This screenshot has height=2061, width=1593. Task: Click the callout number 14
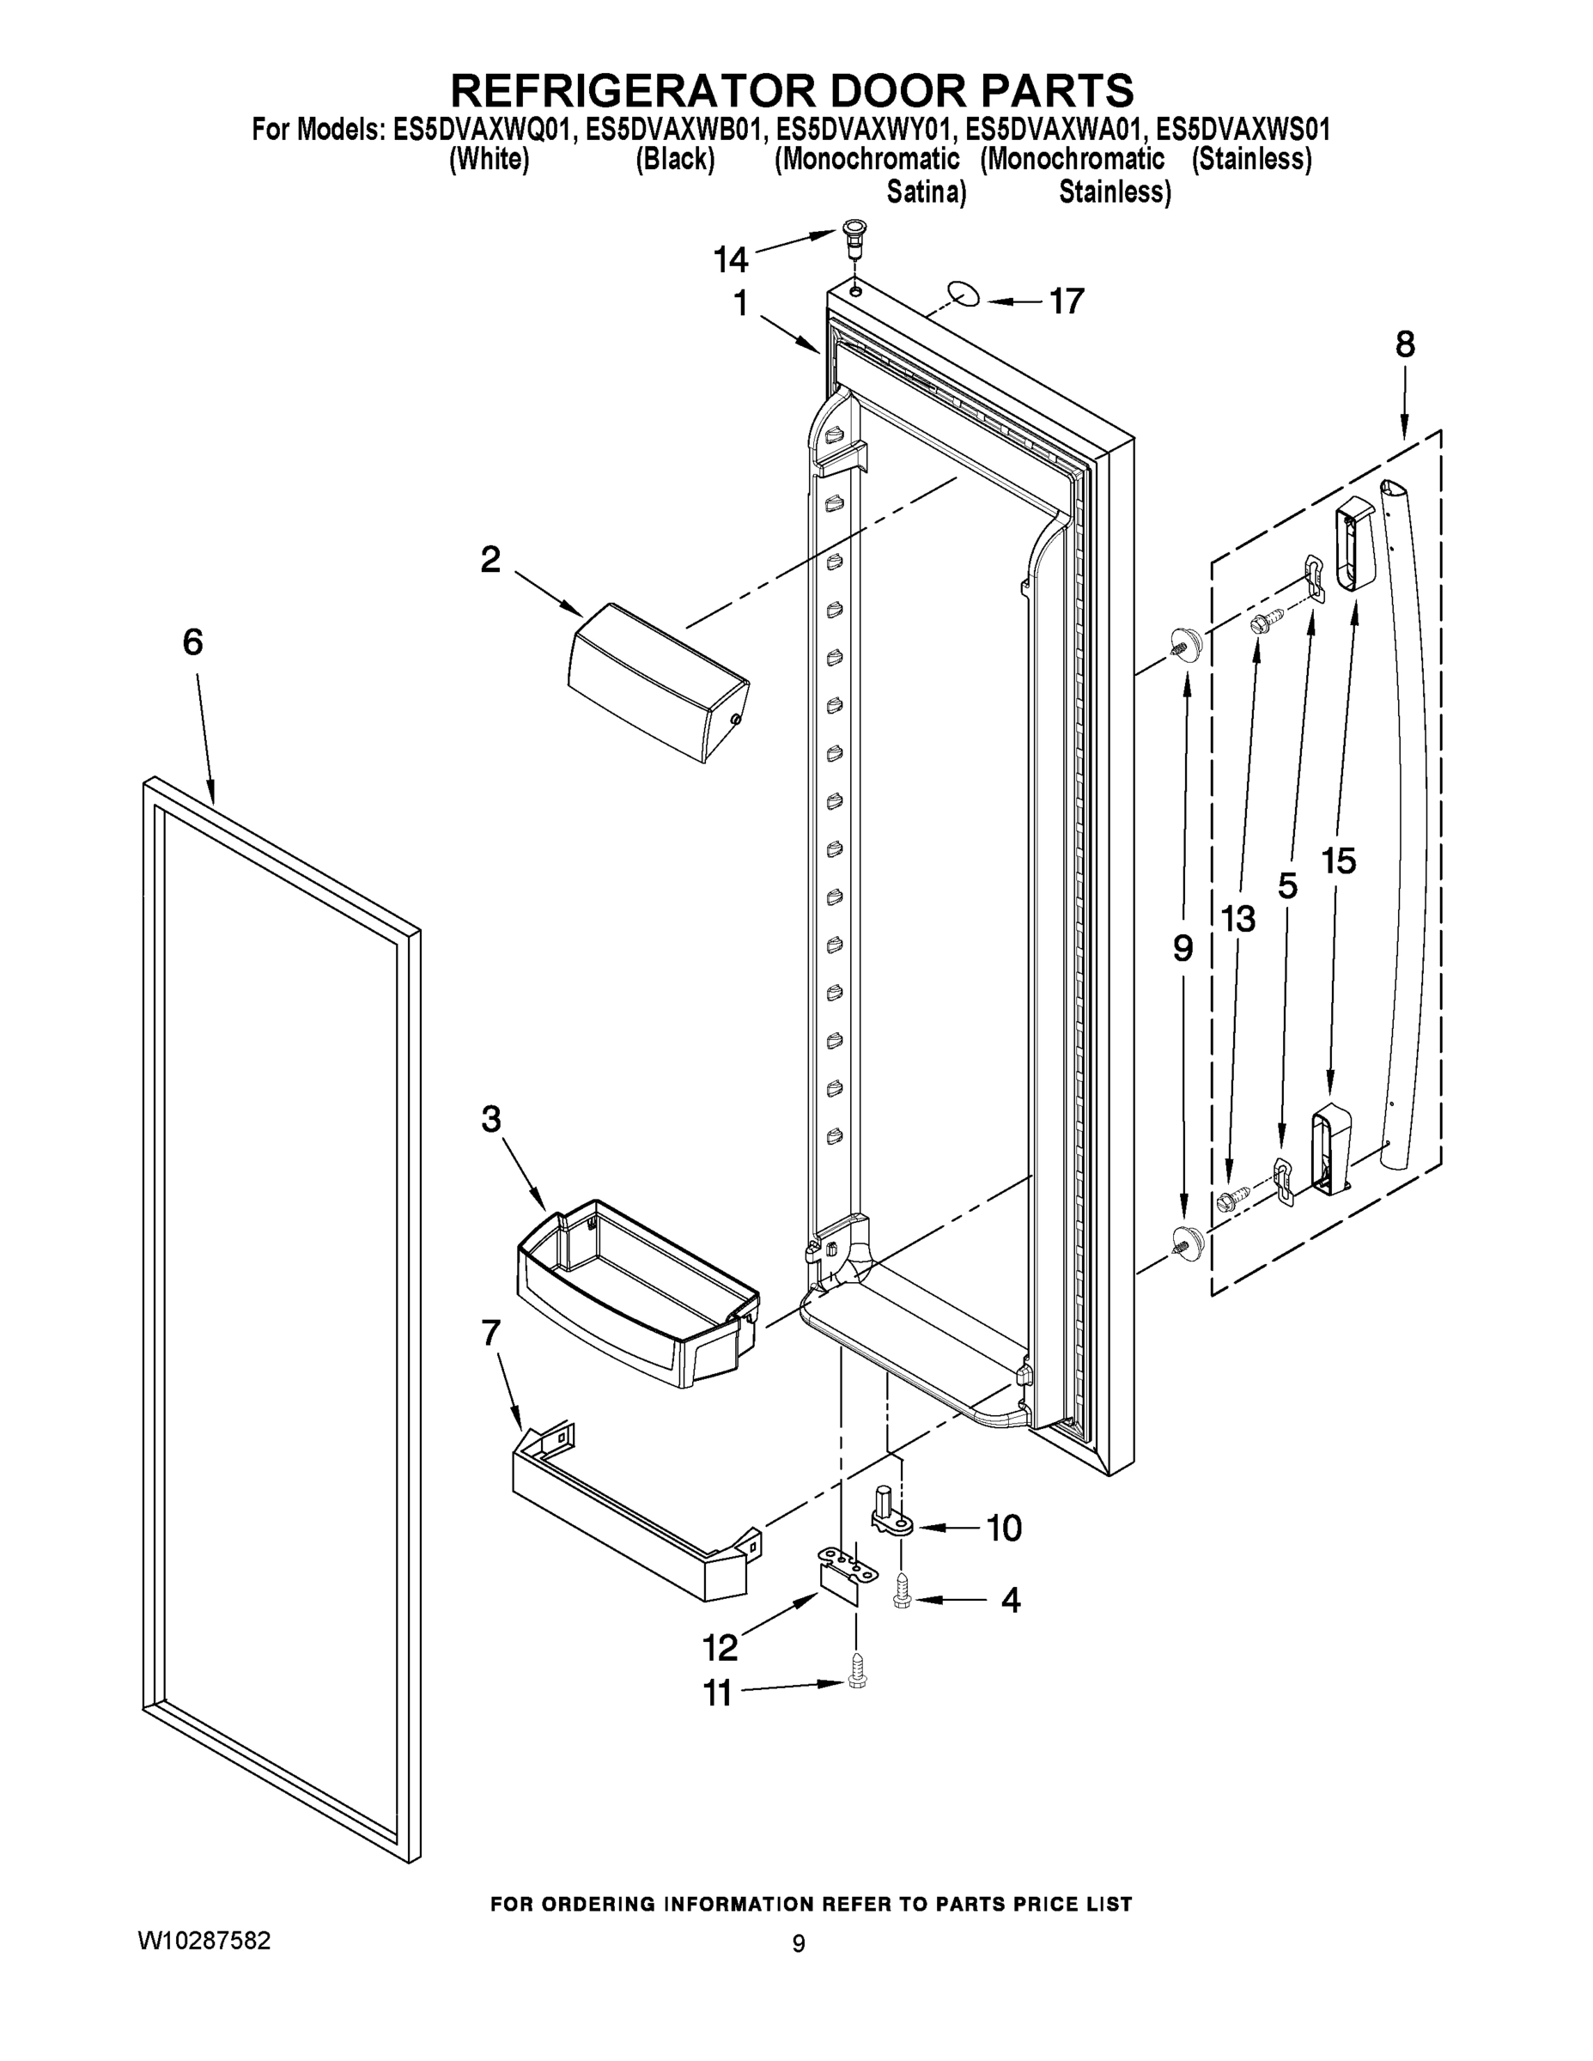click(x=731, y=258)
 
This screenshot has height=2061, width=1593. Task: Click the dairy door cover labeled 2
click(x=658, y=681)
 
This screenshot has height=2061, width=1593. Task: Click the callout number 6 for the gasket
click(x=192, y=642)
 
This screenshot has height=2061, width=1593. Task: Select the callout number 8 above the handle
click(x=1405, y=345)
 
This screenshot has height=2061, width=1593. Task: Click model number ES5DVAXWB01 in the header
click(x=672, y=130)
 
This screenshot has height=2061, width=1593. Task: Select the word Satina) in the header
click(x=926, y=193)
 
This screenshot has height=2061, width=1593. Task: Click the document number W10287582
click(x=204, y=1940)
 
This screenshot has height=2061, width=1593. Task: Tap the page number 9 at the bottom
click(x=799, y=1943)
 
